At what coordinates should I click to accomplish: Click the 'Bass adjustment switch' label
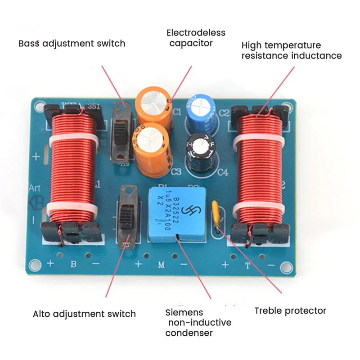pyautogui.click(x=72, y=44)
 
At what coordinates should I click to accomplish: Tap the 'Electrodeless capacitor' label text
pyautogui.click(x=196, y=38)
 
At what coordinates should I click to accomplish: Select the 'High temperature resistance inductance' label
pyautogui.click(x=291, y=50)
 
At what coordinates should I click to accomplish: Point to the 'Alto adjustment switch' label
pyautogui.click(x=84, y=314)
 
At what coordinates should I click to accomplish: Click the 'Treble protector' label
pyautogui.click(x=290, y=310)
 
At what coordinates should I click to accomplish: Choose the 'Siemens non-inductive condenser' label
pyautogui.click(x=198, y=323)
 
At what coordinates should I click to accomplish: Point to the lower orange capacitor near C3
pyautogui.click(x=152, y=148)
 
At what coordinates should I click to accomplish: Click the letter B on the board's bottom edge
pyautogui.click(x=73, y=264)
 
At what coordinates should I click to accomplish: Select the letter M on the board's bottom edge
pyautogui.click(x=161, y=265)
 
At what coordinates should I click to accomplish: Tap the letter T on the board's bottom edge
pyautogui.click(x=247, y=265)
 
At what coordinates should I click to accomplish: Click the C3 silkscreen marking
pyautogui.click(x=176, y=171)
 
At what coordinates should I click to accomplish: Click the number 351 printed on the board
pyautogui.click(x=94, y=106)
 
